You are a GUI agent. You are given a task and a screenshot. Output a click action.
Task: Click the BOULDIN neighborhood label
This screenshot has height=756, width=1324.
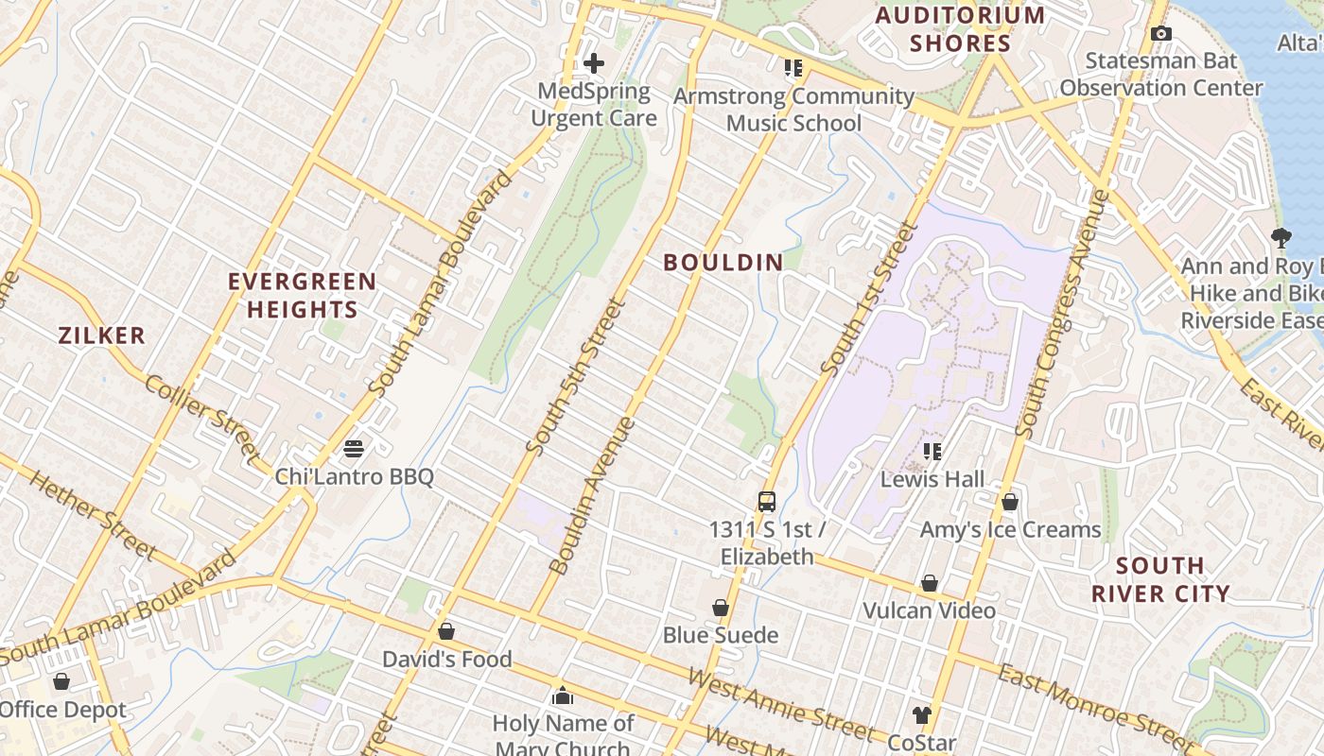click(x=723, y=263)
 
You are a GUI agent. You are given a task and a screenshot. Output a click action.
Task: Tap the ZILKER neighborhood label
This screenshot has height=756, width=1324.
click(x=102, y=335)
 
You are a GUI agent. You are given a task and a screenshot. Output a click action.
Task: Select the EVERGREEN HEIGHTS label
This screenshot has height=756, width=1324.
click(x=303, y=295)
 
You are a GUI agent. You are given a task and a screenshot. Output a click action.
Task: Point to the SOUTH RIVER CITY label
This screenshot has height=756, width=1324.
click(x=1160, y=579)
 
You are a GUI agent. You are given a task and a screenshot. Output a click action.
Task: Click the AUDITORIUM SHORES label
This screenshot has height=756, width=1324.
click(x=960, y=29)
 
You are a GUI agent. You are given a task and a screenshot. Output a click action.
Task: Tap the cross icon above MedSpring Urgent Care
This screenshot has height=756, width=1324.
click(x=594, y=63)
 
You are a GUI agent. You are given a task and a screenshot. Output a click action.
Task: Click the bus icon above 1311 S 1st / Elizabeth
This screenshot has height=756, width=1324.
click(x=767, y=502)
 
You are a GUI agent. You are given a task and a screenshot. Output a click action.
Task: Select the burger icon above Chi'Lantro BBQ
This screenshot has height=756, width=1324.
click(x=354, y=448)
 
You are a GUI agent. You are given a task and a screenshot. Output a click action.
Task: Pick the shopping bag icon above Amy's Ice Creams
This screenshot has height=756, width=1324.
click(x=1010, y=502)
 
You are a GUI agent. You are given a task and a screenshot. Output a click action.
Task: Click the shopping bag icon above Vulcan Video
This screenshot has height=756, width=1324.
click(x=930, y=583)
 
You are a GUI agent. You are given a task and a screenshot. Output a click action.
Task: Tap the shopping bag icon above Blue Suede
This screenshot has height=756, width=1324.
click(x=721, y=608)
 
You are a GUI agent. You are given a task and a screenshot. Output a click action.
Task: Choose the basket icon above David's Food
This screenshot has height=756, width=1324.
click(x=446, y=630)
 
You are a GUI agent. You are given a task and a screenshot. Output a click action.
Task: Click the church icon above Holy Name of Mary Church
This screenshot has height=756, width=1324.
click(x=563, y=696)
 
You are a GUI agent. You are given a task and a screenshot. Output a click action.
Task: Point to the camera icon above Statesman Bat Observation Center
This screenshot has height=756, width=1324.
click(x=1161, y=34)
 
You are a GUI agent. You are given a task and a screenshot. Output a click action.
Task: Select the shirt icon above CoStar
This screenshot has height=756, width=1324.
click(x=922, y=715)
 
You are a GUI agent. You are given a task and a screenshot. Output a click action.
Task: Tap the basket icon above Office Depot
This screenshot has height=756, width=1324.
click(x=61, y=681)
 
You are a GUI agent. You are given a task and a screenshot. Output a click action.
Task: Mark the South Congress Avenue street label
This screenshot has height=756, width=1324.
click(x=1061, y=314)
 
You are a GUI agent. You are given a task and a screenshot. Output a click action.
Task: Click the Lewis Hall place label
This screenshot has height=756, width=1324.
click(x=932, y=479)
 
